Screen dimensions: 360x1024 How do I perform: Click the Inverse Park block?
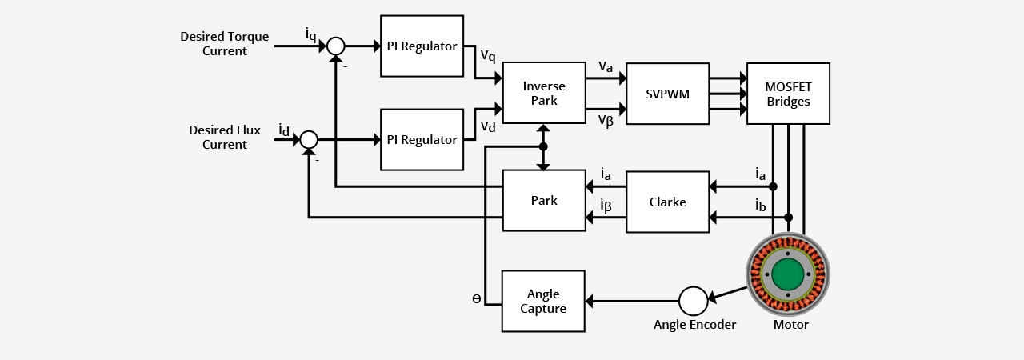[x=544, y=94]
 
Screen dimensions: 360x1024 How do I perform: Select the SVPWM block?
[x=667, y=94]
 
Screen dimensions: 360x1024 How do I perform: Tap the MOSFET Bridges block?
[x=788, y=94]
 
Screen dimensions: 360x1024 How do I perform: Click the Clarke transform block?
[x=667, y=202]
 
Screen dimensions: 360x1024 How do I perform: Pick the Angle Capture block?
[x=543, y=301]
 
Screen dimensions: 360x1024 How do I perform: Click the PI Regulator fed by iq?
[x=422, y=46]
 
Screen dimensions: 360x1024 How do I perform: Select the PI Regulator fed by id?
[x=422, y=140]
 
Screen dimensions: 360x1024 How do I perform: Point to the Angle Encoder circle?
[x=693, y=301]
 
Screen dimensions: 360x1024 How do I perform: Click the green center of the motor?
[x=788, y=274]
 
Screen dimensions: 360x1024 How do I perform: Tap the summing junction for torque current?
[x=336, y=46]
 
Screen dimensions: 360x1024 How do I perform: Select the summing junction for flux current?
[x=309, y=140]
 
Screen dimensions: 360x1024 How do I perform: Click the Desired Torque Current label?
[x=224, y=44]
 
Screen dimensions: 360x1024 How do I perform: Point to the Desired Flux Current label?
[x=224, y=138]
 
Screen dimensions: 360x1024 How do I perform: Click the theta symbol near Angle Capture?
[x=477, y=299]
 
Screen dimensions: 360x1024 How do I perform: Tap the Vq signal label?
[x=488, y=56]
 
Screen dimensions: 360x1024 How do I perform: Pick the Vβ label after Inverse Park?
[x=606, y=120]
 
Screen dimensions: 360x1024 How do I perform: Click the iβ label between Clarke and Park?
[x=606, y=206]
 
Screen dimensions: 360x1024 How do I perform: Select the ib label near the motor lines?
[x=760, y=206]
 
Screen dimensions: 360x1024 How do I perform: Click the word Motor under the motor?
[x=790, y=325]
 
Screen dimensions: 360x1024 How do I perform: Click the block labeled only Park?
[x=544, y=201]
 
